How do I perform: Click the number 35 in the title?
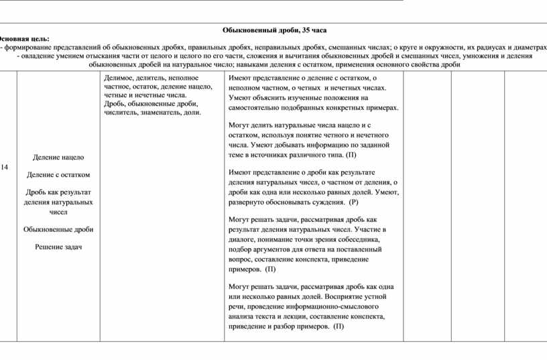pyautogui.click(x=306, y=31)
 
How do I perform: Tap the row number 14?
pyautogui.click(x=4, y=166)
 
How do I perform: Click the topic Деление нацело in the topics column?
pyautogui.click(x=58, y=157)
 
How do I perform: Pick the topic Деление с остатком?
pyautogui.click(x=58, y=174)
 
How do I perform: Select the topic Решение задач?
pyautogui.click(x=58, y=247)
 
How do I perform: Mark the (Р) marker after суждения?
pyautogui.click(x=354, y=202)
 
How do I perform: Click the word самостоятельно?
pyautogui.click(x=258, y=107)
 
